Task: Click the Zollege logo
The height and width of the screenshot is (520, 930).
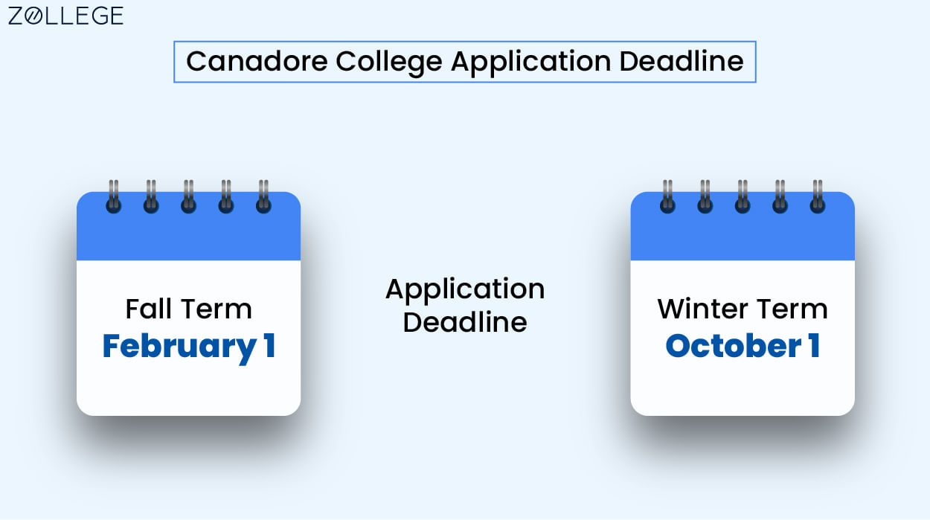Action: click(x=65, y=16)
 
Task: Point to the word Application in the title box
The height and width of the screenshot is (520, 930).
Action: click(x=530, y=62)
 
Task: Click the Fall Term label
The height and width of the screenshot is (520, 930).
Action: click(x=188, y=309)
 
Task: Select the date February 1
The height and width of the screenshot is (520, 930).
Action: click(x=188, y=346)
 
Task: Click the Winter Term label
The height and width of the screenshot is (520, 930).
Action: click(x=743, y=309)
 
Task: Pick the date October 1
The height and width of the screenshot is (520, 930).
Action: click(x=743, y=346)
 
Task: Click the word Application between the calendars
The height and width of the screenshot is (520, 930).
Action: click(x=465, y=289)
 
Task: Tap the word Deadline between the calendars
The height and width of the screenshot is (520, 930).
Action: click(x=465, y=323)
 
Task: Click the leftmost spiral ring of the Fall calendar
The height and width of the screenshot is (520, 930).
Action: click(x=113, y=197)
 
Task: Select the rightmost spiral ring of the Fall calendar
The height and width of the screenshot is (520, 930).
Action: click(x=263, y=197)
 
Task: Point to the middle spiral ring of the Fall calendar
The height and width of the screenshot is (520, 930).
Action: click(x=188, y=197)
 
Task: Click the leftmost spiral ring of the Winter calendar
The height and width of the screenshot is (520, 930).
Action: click(x=667, y=197)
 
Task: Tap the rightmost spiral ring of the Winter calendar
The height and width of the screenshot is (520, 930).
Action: click(x=818, y=197)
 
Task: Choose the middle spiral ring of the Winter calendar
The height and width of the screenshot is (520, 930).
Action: click(x=743, y=197)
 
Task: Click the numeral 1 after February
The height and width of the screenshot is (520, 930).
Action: click(x=269, y=346)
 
